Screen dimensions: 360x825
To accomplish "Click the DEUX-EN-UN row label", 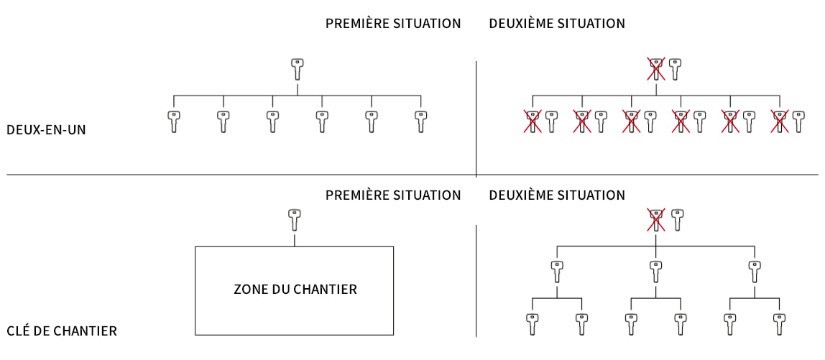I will (x=46, y=130).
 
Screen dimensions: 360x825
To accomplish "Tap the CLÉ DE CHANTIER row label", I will (x=61, y=331).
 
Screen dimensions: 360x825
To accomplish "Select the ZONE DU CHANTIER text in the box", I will (x=295, y=290).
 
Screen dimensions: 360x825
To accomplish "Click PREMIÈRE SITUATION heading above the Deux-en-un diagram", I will (x=393, y=24).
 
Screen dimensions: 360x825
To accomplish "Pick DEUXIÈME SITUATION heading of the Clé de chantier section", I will (x=557, y=195).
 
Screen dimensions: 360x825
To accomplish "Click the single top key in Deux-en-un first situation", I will (x=298, y=69).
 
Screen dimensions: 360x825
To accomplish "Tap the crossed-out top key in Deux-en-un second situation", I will (x=655, y=69).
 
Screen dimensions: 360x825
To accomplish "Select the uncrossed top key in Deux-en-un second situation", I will (x=675, y=69).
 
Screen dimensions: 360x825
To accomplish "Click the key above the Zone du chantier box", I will (x=295, y=219).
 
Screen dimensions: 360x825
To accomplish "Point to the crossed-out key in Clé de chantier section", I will (x=655, y=219).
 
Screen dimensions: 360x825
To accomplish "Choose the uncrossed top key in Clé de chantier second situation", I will (x=676, y=219).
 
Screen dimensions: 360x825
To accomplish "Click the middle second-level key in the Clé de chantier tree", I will (x=655, y=272).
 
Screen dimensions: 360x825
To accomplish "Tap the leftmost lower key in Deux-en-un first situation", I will (x=174, y=121).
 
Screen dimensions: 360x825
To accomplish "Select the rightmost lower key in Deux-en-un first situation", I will (x=421, y=121).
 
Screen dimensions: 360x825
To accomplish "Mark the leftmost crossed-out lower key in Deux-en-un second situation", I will (x=533, y=121).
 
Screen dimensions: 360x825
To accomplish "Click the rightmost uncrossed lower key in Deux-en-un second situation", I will (x=798, y=121).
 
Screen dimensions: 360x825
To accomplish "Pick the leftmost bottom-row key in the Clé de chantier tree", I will (x=532, y=323).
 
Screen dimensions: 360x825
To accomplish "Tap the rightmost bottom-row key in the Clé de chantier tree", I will (x=779, y=323).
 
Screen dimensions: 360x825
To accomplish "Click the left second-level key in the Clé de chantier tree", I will (x=557, y=272).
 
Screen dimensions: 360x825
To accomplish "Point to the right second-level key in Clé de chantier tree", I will (x=754, y=272).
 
